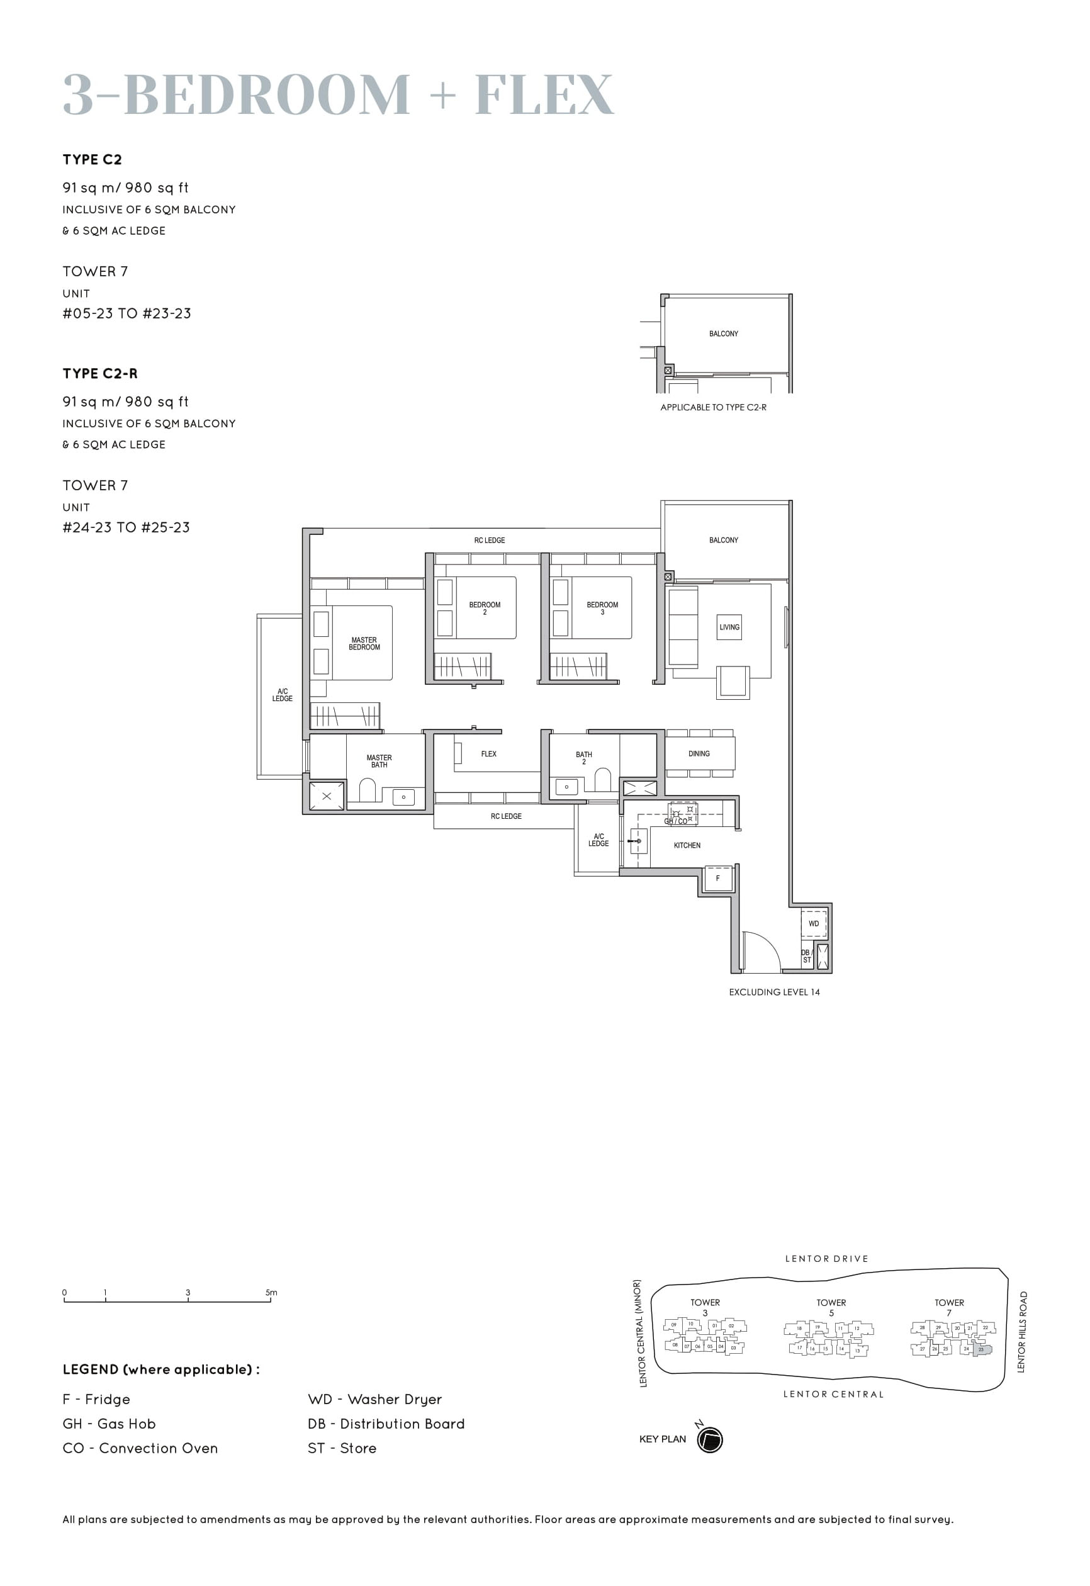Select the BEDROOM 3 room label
coord(602,608)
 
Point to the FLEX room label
coord(488,753)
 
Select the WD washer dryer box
coord(812,923)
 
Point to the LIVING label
coord(729,626)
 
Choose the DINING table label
coord(699,753)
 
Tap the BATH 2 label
coord(583,758)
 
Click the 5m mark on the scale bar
coord(271,1293)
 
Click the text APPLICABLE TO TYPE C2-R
coord(713,407)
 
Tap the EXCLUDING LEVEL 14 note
coord(774,992)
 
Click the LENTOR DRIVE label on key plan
coord(826,1258)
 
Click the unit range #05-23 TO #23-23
coord(126,313)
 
